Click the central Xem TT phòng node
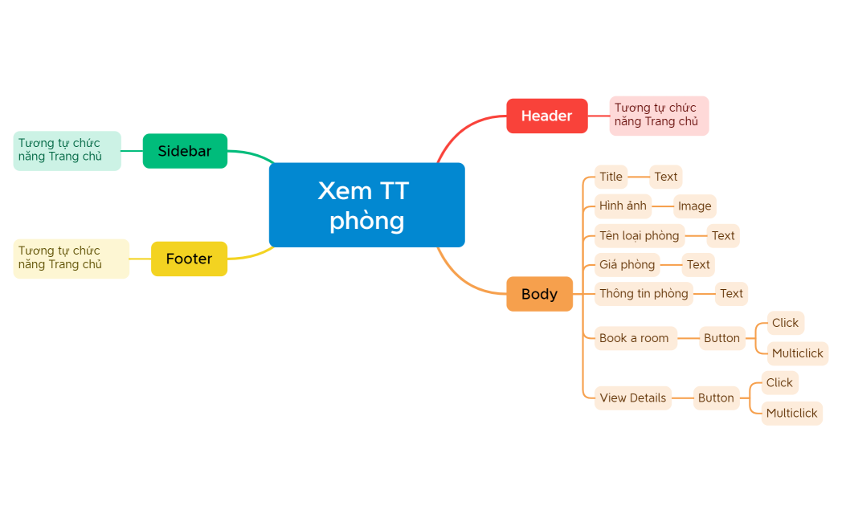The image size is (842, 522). tap(366, 205)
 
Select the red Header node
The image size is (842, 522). tap(546, 116)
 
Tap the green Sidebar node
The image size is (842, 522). tap(185, 151)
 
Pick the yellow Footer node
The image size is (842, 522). tap(189, 259)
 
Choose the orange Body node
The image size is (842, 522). tap(539, 294)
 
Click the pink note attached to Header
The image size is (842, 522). tap(659, 115)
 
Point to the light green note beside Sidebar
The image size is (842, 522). tap(67, 150)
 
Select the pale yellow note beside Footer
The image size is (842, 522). tap(71, 258)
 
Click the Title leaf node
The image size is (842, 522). tap(611, 177)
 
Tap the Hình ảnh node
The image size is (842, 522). tap(623, 206)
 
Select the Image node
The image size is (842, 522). tap(694, 206)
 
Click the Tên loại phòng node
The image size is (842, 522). tap(640, 235)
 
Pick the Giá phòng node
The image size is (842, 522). tap(627, 264)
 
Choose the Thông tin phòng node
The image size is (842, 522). tap(644, 293)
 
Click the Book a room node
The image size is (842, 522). tap(635, 338)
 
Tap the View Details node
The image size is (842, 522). tap(632, 398)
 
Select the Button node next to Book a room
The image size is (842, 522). tap(721, 338)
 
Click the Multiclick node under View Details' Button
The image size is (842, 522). tap(791, 413)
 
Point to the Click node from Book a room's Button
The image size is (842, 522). tap(785, 323)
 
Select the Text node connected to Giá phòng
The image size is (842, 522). tap(698, 264)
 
